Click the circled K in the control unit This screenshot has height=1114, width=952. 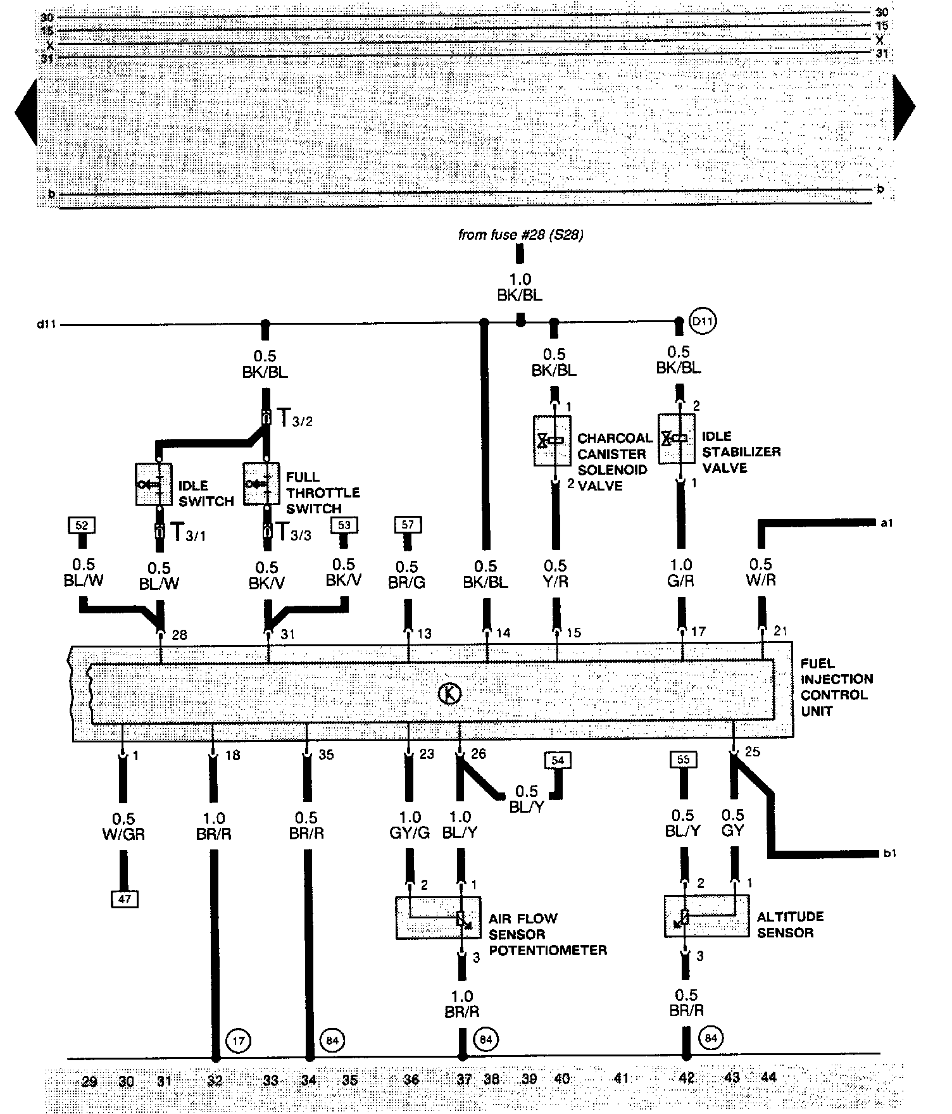pos(450,694)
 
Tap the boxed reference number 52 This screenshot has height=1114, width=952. pos(81,525)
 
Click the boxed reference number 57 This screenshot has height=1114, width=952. pos(407,524)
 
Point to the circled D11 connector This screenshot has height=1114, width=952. pos(703,322)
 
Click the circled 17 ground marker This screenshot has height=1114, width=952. pos(238,1039)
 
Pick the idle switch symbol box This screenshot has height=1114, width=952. pos(154,484)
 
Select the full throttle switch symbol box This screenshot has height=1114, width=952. pos(261,484)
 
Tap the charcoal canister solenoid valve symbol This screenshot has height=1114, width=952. pos(552,441)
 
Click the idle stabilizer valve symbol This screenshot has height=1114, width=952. pos(677,438)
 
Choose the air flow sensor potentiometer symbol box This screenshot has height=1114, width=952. pos(438,917)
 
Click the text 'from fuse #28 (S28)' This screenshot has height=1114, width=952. pos(520,235)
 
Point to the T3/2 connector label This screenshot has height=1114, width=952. pos(296,419)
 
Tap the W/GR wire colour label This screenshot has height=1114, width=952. pos(123,835)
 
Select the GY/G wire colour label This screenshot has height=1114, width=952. pos(410,833)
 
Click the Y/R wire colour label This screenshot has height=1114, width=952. pos(555,582)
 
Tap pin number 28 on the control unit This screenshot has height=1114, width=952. pos(179,635)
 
